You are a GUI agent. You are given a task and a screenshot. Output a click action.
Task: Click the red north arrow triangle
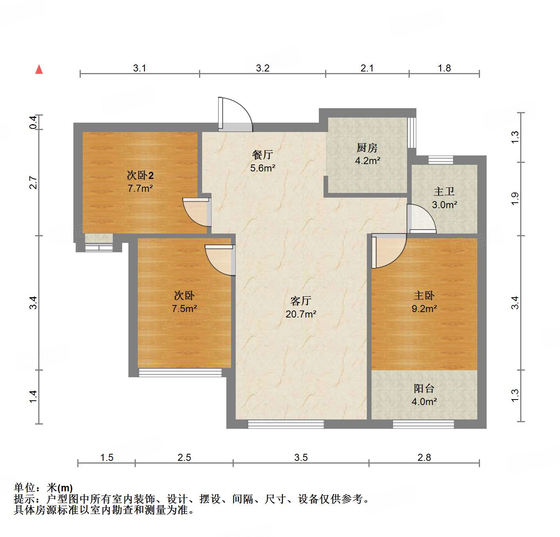39,69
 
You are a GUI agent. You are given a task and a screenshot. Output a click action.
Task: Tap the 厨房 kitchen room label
367,148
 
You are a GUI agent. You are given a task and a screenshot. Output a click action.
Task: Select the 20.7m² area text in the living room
301,314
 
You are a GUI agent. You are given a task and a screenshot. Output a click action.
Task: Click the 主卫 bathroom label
444,192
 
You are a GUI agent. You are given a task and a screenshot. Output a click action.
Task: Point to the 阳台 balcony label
424,389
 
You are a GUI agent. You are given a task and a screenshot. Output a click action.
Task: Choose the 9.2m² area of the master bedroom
424,309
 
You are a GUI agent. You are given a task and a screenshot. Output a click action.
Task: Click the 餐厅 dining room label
262,155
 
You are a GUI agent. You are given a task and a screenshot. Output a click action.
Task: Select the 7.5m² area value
184,309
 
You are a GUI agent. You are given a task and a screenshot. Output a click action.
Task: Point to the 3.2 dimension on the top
263,68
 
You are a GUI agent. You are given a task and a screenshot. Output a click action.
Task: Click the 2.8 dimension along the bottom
424,457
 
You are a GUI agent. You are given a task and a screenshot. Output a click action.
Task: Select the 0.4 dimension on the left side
34,122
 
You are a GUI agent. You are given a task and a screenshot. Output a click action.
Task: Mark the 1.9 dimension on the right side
515,199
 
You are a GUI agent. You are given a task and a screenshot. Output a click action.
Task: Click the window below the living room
286,424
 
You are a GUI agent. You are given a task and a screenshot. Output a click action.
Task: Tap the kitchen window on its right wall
411,133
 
